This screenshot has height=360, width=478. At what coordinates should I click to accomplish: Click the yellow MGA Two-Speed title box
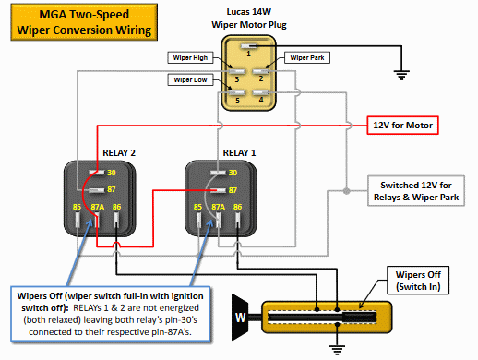[84, 22]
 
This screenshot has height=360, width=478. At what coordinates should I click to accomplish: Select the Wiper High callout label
[190, 57]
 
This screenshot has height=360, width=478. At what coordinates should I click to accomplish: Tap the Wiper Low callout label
[190, 79]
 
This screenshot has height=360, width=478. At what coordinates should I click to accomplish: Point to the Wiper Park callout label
[307, 57]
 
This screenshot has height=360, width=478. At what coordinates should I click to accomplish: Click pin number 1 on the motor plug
[248, 54]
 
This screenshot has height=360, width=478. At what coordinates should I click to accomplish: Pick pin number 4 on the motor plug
[261, 100]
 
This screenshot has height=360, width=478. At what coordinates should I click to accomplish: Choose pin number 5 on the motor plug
[237, 101]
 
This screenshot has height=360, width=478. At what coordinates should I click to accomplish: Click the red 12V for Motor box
[402, 126]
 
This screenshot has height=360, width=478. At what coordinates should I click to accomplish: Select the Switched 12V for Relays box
[416, 191]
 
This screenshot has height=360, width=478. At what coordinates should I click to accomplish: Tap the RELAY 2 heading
[119, 153]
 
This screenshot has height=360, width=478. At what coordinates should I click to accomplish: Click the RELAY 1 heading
[239, 153]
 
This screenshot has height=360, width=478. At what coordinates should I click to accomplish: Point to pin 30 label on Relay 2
[112, 173]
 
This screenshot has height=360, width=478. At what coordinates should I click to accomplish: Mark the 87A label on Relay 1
[218, 207]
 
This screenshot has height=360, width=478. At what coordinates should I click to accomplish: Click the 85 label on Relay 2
[77, 207]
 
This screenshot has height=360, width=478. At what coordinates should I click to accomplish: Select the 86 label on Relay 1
[237, 207]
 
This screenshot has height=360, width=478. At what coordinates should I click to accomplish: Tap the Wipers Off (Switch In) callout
[418, 281]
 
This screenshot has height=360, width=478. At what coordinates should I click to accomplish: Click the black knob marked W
[240, 318]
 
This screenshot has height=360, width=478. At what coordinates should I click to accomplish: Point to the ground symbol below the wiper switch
[337, 350]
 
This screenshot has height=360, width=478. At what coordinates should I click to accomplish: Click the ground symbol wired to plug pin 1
[401, 75]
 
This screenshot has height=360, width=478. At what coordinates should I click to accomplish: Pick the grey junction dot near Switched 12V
[347, 191]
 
